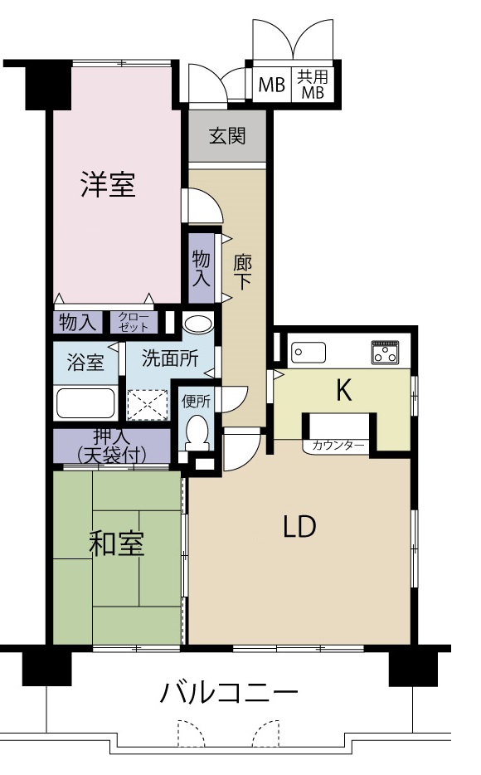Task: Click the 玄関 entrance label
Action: coord(227,136)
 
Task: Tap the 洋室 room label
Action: coord(108,184)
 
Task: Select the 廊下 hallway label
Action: coord(242,272)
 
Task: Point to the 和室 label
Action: coord(116,543)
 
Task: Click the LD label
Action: coord(299,526)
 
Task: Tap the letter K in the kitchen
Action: coord(343,391)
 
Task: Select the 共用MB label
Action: coord(312,85)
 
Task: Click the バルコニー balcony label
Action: coord(229,693)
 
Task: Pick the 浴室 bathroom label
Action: coord(85,363)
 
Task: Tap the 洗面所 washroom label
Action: coord(170,358)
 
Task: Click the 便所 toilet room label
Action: coord(196,402)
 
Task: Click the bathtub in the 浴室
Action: coord(85,404)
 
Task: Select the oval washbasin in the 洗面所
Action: coord(197,324)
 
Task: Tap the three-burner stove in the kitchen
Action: coord(384,353)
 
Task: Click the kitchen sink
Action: coord(309,353)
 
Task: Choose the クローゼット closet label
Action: coord(134,322)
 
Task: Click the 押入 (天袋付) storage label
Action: coord(111,446)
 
